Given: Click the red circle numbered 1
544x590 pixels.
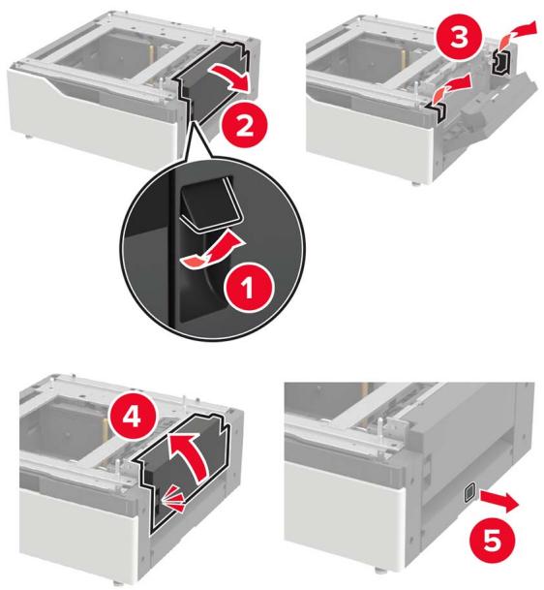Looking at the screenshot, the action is (248, 289).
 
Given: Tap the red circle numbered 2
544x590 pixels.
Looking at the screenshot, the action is (244, 126).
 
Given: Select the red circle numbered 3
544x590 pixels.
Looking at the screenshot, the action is (459, 38).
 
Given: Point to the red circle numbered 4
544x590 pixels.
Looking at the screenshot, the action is (132, 417).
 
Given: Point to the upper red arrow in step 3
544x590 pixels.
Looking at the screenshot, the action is (516, 33).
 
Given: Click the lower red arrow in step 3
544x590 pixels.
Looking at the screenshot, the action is (452, 89).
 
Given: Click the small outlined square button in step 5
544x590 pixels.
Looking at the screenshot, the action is (469, 493).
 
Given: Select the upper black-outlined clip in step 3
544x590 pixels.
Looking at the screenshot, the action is (502, 61).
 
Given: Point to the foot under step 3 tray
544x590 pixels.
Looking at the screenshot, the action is (414, 183).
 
